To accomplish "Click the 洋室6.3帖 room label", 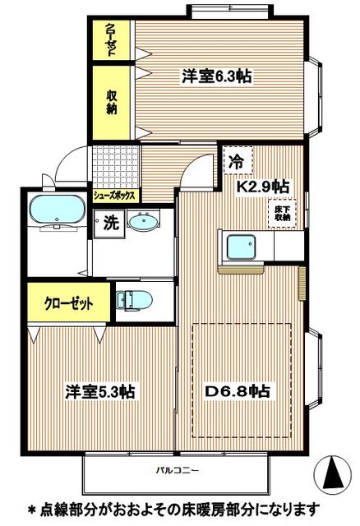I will tap(216, 76).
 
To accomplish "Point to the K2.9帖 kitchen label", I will tap(262, 187).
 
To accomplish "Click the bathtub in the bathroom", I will tap(54, 211).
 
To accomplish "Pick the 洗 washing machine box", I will tap(108, 222).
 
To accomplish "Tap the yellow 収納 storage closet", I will tap(112, 101).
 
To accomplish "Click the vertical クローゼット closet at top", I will tap(112, 39).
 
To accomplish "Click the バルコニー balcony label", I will tap(177, 471).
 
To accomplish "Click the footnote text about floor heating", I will tap(180, 510).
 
